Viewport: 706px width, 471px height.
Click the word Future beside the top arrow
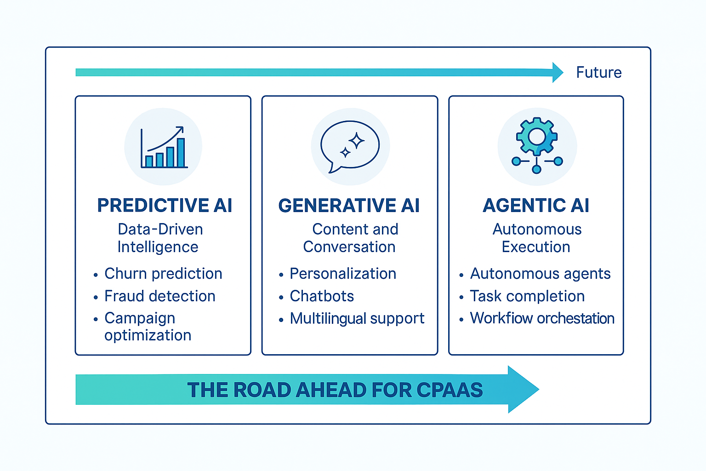coord(598,73)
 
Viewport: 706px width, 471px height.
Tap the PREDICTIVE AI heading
coord(165,206)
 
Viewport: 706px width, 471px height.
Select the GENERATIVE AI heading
coord(349,206)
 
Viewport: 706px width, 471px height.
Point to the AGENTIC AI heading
coord(536,206)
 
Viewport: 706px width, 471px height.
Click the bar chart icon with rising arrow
coord(164,147)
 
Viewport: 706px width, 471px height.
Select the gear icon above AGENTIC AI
coord(537,137)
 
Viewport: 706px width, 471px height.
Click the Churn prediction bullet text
coord(163,274)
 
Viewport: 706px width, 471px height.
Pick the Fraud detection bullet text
coord(160,296)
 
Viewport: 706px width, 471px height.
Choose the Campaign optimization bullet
coord(147,327)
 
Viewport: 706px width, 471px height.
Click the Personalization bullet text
coord(343,274)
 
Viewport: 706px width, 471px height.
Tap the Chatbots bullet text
coord(322,296)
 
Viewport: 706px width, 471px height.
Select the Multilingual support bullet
coord(357,318)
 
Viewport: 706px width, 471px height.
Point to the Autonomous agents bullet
coord(540,274)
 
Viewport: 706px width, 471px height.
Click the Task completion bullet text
coord(527,296)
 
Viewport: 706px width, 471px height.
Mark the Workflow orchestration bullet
coord(542,318)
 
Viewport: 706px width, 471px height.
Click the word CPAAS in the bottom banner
coord(450,390)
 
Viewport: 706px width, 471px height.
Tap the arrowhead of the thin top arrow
coord(558,72)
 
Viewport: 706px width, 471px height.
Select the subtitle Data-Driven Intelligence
coord(159,238)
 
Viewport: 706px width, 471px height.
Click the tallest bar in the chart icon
coord(181,152)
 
